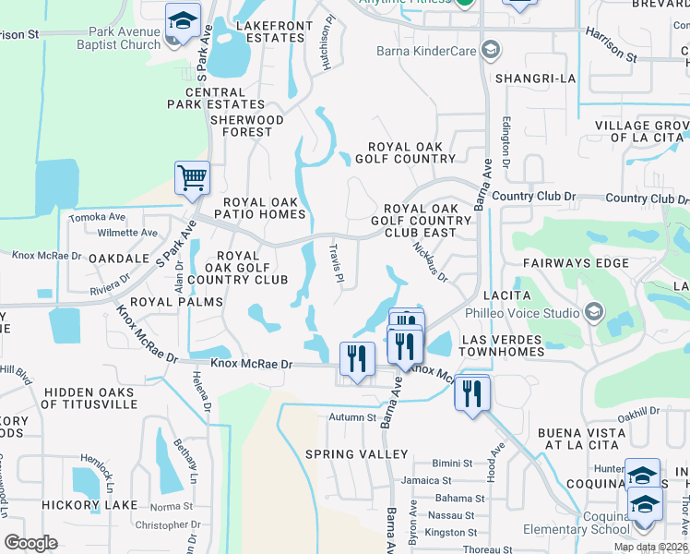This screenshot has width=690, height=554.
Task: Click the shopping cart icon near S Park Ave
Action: [192, 176]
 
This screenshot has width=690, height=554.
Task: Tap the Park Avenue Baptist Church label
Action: [125, 38]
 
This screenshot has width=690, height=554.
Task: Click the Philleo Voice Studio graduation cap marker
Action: [593, 313]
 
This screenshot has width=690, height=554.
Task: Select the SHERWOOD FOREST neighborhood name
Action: [246, 126]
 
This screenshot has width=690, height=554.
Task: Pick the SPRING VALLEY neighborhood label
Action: [357, 454]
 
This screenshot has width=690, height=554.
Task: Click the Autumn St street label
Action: [353, 417]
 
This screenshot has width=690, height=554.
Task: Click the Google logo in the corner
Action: [30, 543]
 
